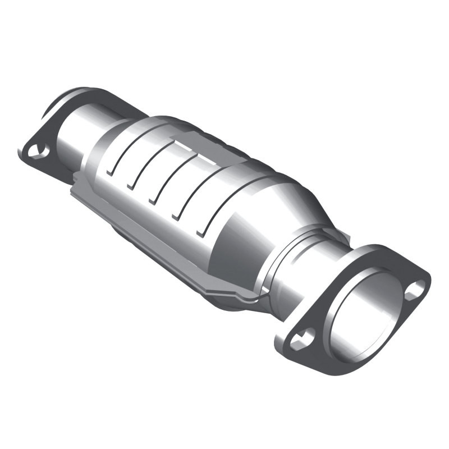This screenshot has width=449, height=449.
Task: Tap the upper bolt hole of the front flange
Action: click(415, 289)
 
